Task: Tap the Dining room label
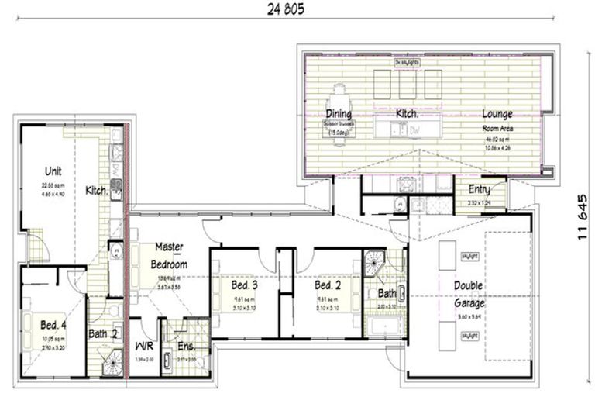point(339,114)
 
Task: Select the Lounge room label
point(496,114)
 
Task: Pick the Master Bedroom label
point(169,256)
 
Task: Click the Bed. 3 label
point(244,285)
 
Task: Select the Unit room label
point(53,171)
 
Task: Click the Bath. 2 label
point(102,334)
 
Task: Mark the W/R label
point(143,347)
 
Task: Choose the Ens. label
point(186,347)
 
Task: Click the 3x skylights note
point(406,61)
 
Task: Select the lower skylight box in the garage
point(469,336)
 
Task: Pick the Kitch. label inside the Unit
point(96,190)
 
